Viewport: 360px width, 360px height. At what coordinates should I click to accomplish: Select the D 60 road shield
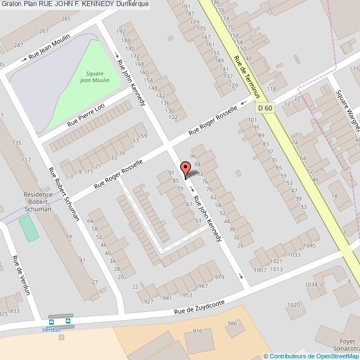265,109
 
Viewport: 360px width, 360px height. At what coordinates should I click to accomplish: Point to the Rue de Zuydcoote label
200,307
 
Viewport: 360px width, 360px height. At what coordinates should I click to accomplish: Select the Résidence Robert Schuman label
38,202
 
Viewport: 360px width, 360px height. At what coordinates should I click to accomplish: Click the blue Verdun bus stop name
52,330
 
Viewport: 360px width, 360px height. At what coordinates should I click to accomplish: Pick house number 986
232,324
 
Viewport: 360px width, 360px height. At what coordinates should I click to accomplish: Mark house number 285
66,19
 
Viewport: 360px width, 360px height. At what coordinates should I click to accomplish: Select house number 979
219,277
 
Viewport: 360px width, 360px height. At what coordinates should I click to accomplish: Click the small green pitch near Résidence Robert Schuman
29,228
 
